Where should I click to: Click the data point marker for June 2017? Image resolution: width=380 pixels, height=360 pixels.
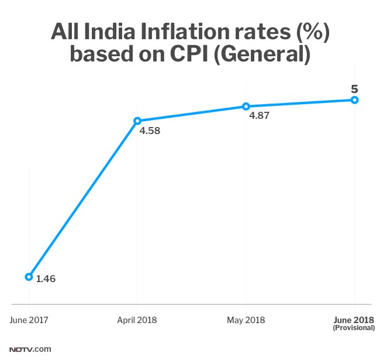(29, 276)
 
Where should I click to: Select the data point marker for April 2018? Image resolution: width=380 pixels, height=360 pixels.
(137, 121)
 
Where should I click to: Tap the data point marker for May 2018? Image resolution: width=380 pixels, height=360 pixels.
(246, 107)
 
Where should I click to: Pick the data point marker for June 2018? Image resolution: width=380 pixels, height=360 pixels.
(354, 100)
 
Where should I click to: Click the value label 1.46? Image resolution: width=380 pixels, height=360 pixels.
(46, 279)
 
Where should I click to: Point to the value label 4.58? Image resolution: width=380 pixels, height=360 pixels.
(150, 131)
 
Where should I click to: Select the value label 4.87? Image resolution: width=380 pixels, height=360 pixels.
(259, 116)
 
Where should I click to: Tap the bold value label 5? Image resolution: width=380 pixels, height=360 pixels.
(354, 89)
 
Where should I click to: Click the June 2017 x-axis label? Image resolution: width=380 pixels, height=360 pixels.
(29, 320)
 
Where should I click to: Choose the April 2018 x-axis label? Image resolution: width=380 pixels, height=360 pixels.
(137, 320)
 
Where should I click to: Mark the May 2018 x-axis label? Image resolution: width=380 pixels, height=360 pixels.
(246, 320)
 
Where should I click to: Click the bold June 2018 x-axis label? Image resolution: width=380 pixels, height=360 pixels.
(354, 320)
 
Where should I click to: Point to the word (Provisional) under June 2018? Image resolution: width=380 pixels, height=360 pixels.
(354, 328)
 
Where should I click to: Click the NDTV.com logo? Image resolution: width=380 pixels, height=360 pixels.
(30, 349)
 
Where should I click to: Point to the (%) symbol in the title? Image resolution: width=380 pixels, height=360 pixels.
(308, 32)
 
